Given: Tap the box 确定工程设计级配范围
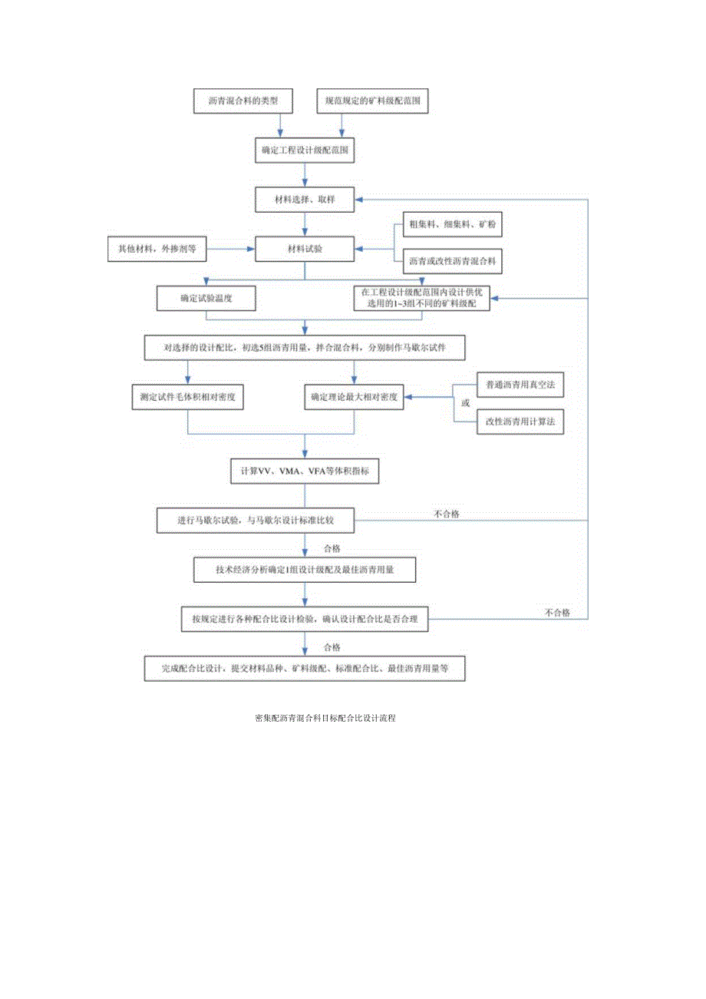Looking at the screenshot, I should point(305,151).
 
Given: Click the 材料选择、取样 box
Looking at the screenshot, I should point(305,200).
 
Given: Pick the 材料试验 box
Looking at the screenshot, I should point(305,249).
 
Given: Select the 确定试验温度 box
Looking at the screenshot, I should point(205,298).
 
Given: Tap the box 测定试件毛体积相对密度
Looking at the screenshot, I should point(188,397).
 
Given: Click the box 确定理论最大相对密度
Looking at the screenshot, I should point(354,397).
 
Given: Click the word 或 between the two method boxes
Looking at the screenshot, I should point(464,402).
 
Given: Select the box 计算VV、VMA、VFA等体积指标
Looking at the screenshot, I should point(305,471).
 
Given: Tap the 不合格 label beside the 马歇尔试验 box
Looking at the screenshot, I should point(446,514).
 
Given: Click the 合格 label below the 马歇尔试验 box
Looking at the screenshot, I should point(332,548).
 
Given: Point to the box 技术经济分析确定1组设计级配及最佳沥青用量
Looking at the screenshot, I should point(305,570).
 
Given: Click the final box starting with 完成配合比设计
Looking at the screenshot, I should point(305,668).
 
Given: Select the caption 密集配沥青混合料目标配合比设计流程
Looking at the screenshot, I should point(325,719).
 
